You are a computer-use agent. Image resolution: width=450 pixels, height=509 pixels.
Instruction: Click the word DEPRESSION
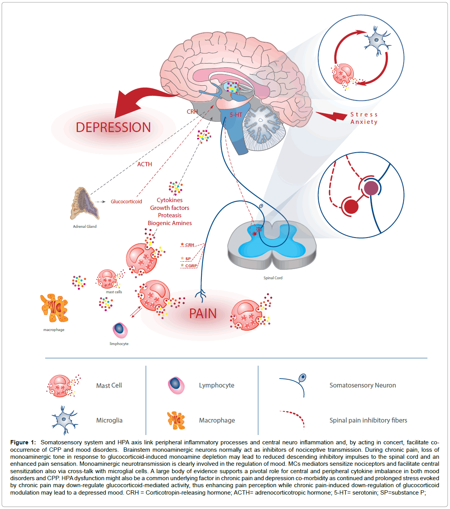coord(113,127)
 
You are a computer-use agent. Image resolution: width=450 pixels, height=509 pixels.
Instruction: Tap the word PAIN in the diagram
coord(203,314)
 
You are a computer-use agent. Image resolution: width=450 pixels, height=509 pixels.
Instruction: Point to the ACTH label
coord(145,164)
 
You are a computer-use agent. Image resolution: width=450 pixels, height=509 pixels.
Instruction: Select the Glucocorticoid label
coord(126,201)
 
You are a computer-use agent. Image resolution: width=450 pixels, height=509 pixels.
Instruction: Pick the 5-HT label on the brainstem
coord(236,114)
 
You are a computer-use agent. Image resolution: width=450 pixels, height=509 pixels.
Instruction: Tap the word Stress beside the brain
coord(364,114)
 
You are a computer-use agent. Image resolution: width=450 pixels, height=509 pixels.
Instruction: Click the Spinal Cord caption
coord(273,278)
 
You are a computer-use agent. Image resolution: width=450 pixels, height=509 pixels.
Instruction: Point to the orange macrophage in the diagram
coord(55,308)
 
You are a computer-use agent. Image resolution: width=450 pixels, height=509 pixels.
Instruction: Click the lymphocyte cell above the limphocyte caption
coord(120,330)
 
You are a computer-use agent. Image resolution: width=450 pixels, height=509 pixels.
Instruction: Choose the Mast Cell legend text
coord(109,385)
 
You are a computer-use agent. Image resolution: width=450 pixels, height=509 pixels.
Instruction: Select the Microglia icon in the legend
coord(64,420)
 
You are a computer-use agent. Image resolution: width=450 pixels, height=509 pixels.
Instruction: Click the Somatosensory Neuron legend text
coord(362,385)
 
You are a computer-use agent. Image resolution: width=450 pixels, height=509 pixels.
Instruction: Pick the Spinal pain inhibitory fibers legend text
coord(368,420)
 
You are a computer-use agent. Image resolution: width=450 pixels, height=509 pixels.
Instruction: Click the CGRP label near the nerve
coord(191,266)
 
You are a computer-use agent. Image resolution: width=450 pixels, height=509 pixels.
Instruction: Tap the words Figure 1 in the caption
coord(23,442)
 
